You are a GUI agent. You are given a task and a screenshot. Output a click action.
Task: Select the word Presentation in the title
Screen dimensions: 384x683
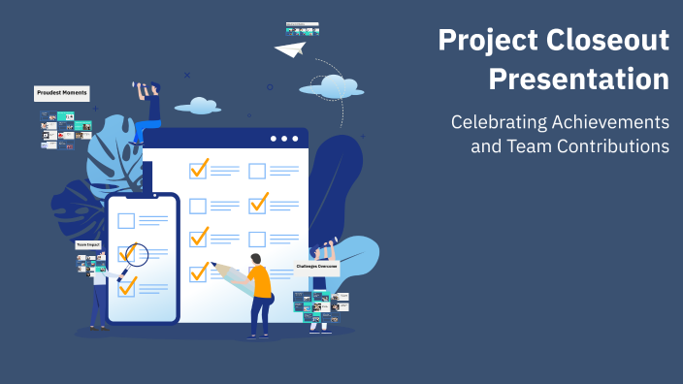(578, 79)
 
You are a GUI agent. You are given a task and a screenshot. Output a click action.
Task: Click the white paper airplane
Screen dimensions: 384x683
(290, 47)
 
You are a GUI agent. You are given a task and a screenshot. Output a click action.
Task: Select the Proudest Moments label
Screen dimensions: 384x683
(62, 93)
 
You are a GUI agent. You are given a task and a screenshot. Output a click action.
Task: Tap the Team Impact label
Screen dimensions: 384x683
(88, 244)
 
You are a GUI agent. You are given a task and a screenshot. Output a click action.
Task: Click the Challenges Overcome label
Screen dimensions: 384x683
(317, 265)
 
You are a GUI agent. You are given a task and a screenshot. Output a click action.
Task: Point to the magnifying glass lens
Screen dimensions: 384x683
(136, 255)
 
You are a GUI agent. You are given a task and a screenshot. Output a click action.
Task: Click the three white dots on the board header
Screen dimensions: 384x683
(284, 139)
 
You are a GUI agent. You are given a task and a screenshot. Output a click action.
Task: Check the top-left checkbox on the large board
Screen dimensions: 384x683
(199, 170)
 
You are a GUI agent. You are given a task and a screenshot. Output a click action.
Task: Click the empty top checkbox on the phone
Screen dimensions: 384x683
(126, 220)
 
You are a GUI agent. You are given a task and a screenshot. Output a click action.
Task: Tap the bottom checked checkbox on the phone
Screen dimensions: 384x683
(127, 286)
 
